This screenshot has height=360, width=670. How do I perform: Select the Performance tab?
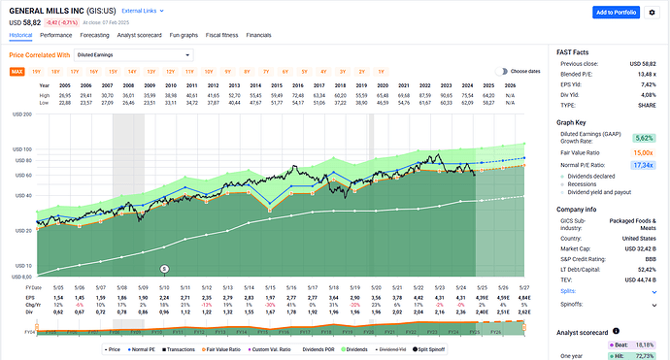(54, 33)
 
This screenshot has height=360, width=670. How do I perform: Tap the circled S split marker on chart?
(164, 267)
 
